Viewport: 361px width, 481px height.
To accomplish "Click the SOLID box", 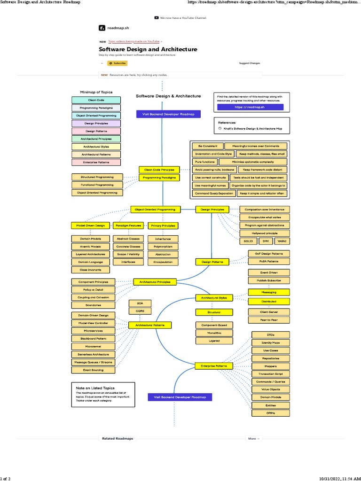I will pyautogui.click(x=248, y=241).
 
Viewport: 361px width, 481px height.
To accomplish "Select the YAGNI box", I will pyautogui.click(x=281, y=241).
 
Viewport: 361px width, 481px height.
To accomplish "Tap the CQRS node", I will pyautogui.click(x=140, y=311).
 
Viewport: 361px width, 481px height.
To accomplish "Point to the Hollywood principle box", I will pyautogui.click(x=265, y=233).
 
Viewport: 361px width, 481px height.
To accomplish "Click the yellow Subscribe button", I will pyautogui.click(x=118, y=63).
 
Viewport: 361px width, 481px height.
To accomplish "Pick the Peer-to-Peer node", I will pyautogui.click(x=269, y=320).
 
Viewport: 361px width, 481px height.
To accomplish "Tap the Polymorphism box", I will pyautogui.click(x=163, y=246).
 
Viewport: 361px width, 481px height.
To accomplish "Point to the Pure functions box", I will pyautogui.click(x=205, y=162).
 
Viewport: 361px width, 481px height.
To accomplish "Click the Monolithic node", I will pyautogui.click(x=214, y=333).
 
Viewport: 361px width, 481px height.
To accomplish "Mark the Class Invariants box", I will pyautogui.click(x=90, y=270).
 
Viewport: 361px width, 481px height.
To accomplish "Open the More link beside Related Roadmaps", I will pyautogui.click(x=253, y=439).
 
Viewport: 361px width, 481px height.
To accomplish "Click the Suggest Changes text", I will pyautogui.click(x=249, y=63).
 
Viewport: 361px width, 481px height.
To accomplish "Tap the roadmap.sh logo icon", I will pyautogui.click(x=102, y=28).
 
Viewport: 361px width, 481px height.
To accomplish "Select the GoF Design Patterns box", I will pyautogui.click(x=269, y=254).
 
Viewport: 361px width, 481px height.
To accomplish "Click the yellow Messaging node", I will pyautogui.click(x=269, y=292).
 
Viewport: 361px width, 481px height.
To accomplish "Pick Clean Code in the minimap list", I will pyautogui.click(x=96, y=100).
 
